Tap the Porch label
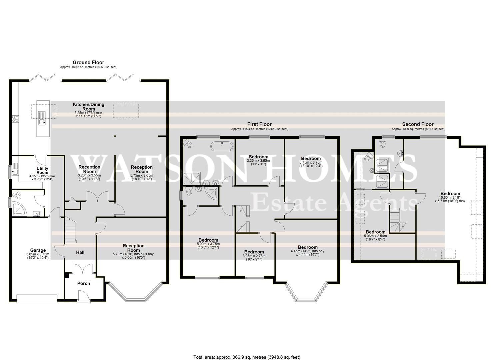click(x=84, y=283)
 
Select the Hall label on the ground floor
click(x=80, y=252)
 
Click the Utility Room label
click(x=42, y=170)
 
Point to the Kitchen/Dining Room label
click(x=89, y=107)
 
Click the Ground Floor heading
click(x=89, y=62)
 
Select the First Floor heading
click(x=259, y=124)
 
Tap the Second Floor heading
click(x=418, y=124)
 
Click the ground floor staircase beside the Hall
click(x=70, y=230)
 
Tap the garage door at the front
click(x=37, y=299)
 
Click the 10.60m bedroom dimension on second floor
click(x=450, y=199)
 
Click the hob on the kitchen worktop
click(x=15, y=119)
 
